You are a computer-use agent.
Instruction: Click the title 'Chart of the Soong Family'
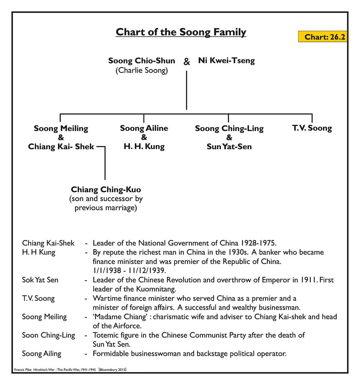point(181,32)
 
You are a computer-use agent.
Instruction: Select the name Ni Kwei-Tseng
point(226,61)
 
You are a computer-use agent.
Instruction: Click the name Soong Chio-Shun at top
point(141,61)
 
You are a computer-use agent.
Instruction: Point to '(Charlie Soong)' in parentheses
point(141,70)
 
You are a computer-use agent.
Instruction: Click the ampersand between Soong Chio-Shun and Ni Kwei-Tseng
point(187,62)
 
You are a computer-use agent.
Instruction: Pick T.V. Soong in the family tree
point(312,128)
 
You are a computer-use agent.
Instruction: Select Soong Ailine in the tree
point(144,128)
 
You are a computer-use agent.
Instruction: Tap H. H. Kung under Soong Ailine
point(144,146)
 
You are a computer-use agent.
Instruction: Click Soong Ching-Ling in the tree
point(229,128)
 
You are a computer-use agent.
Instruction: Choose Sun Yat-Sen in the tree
point(229,146)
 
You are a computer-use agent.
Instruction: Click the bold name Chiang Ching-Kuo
point(106,190)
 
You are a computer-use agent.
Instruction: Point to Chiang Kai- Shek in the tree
point(61,146)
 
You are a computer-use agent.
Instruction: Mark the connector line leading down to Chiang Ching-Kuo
point(105,164)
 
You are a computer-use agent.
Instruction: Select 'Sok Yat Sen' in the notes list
point(40,280)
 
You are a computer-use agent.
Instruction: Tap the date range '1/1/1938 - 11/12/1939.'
point(129,271)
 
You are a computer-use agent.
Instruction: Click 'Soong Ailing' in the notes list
point(42,354)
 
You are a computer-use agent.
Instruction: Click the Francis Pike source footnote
point(70,370)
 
